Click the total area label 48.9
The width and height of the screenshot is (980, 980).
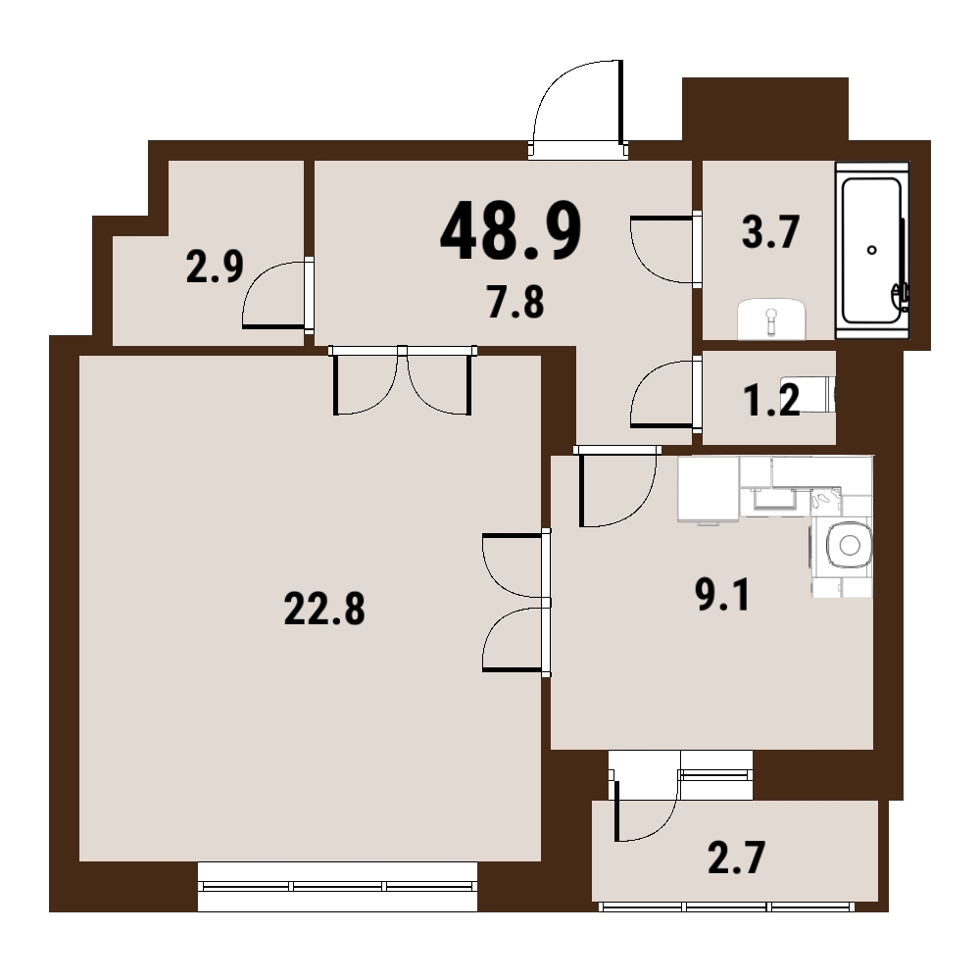point(511,230)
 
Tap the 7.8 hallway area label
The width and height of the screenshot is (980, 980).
point(515,302)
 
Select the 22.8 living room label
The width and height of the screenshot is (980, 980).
point(324,610)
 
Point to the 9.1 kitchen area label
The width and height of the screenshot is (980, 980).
point(722,595)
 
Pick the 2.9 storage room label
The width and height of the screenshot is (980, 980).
point(215,268)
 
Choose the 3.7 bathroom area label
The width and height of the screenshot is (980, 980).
point(770,232)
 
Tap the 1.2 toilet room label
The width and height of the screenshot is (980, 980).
point(772,400)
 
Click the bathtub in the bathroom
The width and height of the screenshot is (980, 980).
point(872,251)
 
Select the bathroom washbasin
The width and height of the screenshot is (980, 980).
point(771,319)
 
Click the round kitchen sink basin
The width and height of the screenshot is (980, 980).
point(850,545)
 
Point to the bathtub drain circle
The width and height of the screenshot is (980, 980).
point(872,250)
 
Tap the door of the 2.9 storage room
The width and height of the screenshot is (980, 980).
point(277,294)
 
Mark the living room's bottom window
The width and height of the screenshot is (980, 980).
point(337,886)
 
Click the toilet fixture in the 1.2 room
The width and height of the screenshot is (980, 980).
point(808,394)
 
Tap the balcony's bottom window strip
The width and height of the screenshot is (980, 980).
point(726,906)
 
